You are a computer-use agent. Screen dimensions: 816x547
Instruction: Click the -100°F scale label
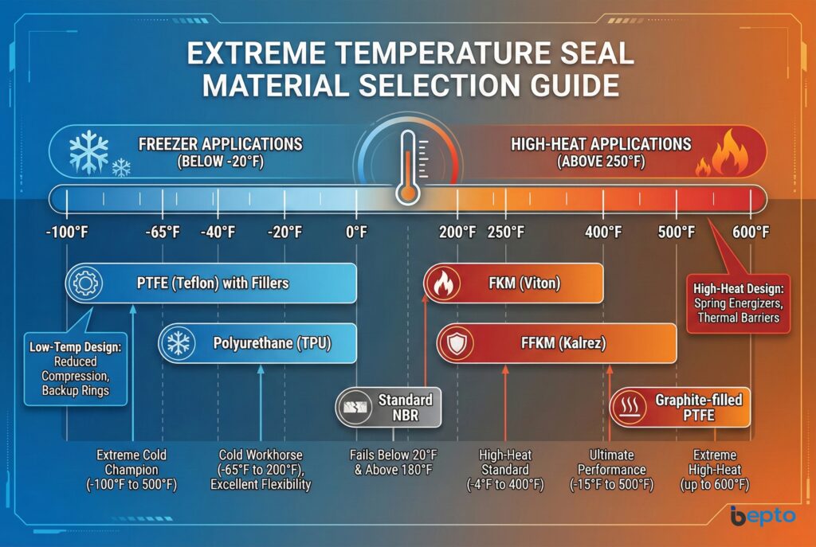click(67, 232)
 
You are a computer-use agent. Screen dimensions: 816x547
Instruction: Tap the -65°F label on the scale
click(163, 232)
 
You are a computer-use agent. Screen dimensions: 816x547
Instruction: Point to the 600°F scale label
click(751, 232)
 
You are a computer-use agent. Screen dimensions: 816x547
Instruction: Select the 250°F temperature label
click(506, 232)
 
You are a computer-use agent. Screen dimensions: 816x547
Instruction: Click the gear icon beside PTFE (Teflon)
click(84, 283)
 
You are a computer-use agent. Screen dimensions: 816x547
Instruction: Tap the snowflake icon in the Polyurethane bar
click(178, 343)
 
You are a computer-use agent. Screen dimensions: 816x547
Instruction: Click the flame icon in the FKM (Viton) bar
click(443, 283)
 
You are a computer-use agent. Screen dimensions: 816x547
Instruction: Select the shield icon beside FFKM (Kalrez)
click(457, 343)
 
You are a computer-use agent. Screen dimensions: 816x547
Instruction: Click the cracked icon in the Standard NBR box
click(355, 407)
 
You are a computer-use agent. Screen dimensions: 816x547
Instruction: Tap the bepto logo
click(763, 516)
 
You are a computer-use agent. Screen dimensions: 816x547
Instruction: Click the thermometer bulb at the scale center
click(407, 193)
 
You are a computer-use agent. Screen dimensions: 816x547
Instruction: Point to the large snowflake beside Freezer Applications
click(89, 151)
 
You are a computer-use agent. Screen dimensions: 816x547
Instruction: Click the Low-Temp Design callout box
click(76, 369)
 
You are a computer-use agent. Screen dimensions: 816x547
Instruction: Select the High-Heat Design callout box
click(738, 303)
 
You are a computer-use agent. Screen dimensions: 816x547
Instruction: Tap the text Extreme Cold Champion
click(131, 463)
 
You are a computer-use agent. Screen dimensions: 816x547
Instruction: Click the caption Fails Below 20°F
click(394, 455)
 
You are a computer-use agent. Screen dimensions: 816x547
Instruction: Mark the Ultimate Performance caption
click(611, 463)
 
